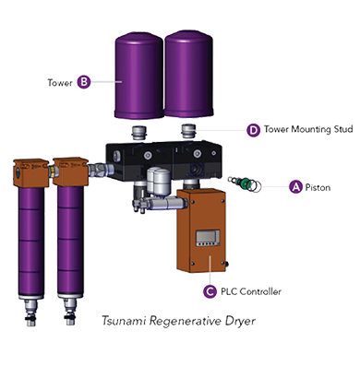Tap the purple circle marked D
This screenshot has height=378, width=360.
click(252, 130)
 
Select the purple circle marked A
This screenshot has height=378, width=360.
click(295, 186)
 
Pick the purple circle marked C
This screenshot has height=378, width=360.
click(210, 291)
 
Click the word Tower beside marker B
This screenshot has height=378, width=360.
click(60, 82)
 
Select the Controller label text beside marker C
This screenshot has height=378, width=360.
click(250, 291)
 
